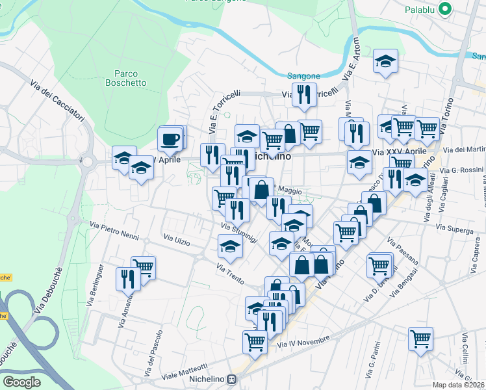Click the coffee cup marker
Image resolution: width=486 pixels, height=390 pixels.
pos(170,139)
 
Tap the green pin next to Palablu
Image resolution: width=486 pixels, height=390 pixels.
pos(445,9)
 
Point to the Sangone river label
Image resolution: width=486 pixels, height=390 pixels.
pos(303,77)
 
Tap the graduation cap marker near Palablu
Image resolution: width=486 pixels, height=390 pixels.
pos(386,62)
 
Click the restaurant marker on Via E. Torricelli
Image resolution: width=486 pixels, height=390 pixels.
pos(303,95)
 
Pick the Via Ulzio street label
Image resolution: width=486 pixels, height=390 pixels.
pos(177,241)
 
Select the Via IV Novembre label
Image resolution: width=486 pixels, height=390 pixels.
pos(303,342)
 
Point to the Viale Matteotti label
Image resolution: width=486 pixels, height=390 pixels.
pos(185,372)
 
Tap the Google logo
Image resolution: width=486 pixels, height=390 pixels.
pos(21,382)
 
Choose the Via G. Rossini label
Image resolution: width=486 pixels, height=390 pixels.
pos(462,170)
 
